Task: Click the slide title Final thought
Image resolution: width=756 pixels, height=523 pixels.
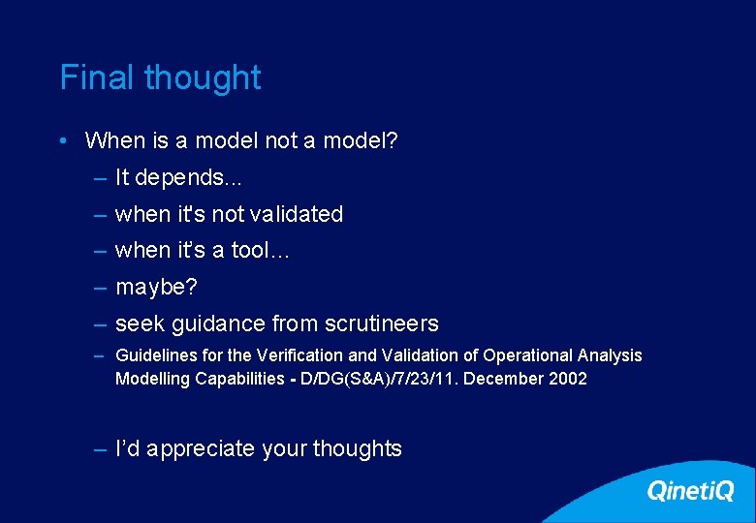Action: click(160, 77)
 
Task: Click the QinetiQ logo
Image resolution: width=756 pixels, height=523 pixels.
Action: click(690, 491)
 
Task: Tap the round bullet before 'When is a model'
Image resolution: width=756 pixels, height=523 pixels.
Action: click(62, 140)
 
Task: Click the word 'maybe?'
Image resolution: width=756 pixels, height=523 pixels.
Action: click(156, 288)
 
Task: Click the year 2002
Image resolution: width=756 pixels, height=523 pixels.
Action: click(567, 379)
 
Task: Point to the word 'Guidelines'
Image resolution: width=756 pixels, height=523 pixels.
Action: click(153, 355)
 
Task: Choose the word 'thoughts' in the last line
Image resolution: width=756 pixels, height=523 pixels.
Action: click(360, 449)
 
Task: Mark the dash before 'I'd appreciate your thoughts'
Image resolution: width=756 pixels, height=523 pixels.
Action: click(101, 449)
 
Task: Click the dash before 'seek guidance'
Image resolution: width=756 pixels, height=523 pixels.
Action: click(101, 323)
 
